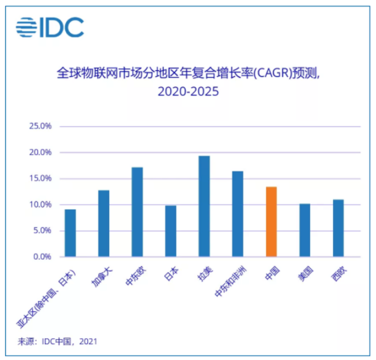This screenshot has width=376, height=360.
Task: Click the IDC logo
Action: [x=49, y=27]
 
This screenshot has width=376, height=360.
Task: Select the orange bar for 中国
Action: [x=271, y=222]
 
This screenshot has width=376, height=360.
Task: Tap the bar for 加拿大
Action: [x=104, y=223]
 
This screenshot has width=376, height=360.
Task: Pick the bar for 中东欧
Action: [x=137, y=212]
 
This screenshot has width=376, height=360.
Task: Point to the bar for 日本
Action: [x=170, y=231]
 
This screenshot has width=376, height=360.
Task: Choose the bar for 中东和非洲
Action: [x=238, y=214]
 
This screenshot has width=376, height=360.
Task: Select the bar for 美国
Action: [x=305, y=230]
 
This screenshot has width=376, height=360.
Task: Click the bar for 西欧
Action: [x=338, y=228]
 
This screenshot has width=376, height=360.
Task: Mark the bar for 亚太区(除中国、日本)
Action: [x=70, y=233]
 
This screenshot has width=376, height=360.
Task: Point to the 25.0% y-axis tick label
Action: [x=40, y=126]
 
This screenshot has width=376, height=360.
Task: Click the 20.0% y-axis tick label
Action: [x=40, y=153]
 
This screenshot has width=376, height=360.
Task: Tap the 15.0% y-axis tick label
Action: [x=40, y=179]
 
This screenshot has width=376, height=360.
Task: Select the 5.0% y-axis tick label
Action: [x=42, y=231]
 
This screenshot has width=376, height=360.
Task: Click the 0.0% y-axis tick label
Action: [x=42, y=257]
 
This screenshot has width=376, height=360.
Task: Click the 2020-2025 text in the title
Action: [x=188, y=91]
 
